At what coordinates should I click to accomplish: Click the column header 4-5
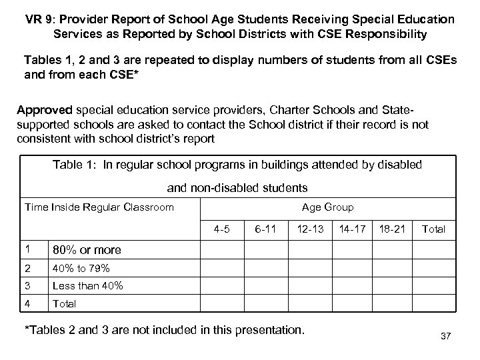(x=222, y=229)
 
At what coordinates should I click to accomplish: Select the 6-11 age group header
(x=265, y=229)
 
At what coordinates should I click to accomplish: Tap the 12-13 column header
(x=310, y=229)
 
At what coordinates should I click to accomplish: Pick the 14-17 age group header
(x=353, y=229)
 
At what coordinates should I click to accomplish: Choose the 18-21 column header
(x=392, y=229)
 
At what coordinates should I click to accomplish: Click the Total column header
(x=434, y=229)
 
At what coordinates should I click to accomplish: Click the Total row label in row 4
(x=65, y=303)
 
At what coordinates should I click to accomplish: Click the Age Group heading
(x=327, y=207)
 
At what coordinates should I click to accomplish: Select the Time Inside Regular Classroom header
(x=99, y=207)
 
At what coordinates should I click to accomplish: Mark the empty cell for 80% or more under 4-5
(x=222, y=250)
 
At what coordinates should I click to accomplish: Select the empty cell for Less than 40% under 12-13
(x=310, y=286)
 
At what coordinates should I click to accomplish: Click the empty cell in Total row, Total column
(x=434, y=303)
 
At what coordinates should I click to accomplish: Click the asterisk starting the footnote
(x=26, y=329)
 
